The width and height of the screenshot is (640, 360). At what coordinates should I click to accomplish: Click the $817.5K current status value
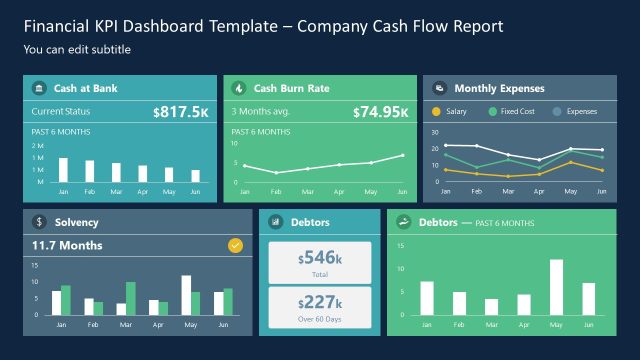(x=181, y=112)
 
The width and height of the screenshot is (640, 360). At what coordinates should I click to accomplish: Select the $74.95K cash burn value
(x=381, y=112)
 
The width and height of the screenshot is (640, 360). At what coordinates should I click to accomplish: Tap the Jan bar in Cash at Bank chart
(x=63, y=169)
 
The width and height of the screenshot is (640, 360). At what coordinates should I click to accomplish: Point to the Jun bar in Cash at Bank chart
(x=194, y=175)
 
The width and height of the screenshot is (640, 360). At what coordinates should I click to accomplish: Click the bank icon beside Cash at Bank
(x=38, y=88)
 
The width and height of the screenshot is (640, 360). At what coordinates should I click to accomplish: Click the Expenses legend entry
(x=575, y=111)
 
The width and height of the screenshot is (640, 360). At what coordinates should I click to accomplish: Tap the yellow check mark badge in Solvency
(x=235, y=244)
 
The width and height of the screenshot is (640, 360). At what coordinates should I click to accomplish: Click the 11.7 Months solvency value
(x=67, y=245)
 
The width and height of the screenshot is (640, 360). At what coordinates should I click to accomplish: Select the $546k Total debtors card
(x=320, y=263)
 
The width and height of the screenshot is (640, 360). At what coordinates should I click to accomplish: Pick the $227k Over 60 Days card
(x=320, y=307)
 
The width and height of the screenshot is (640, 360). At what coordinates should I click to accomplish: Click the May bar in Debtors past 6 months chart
(x=556, y=287)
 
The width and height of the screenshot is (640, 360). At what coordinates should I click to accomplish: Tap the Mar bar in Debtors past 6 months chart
(x=491, y=306)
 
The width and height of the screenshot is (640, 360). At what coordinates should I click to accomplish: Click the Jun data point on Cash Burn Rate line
(x=402, y=155)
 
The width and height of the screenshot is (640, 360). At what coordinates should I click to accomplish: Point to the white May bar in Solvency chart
(x=186, y=295)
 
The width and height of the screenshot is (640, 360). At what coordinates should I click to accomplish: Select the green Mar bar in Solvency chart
(x=130, y=298)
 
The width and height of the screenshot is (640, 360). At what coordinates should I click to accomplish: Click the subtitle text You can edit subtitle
(x=77, y=49)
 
